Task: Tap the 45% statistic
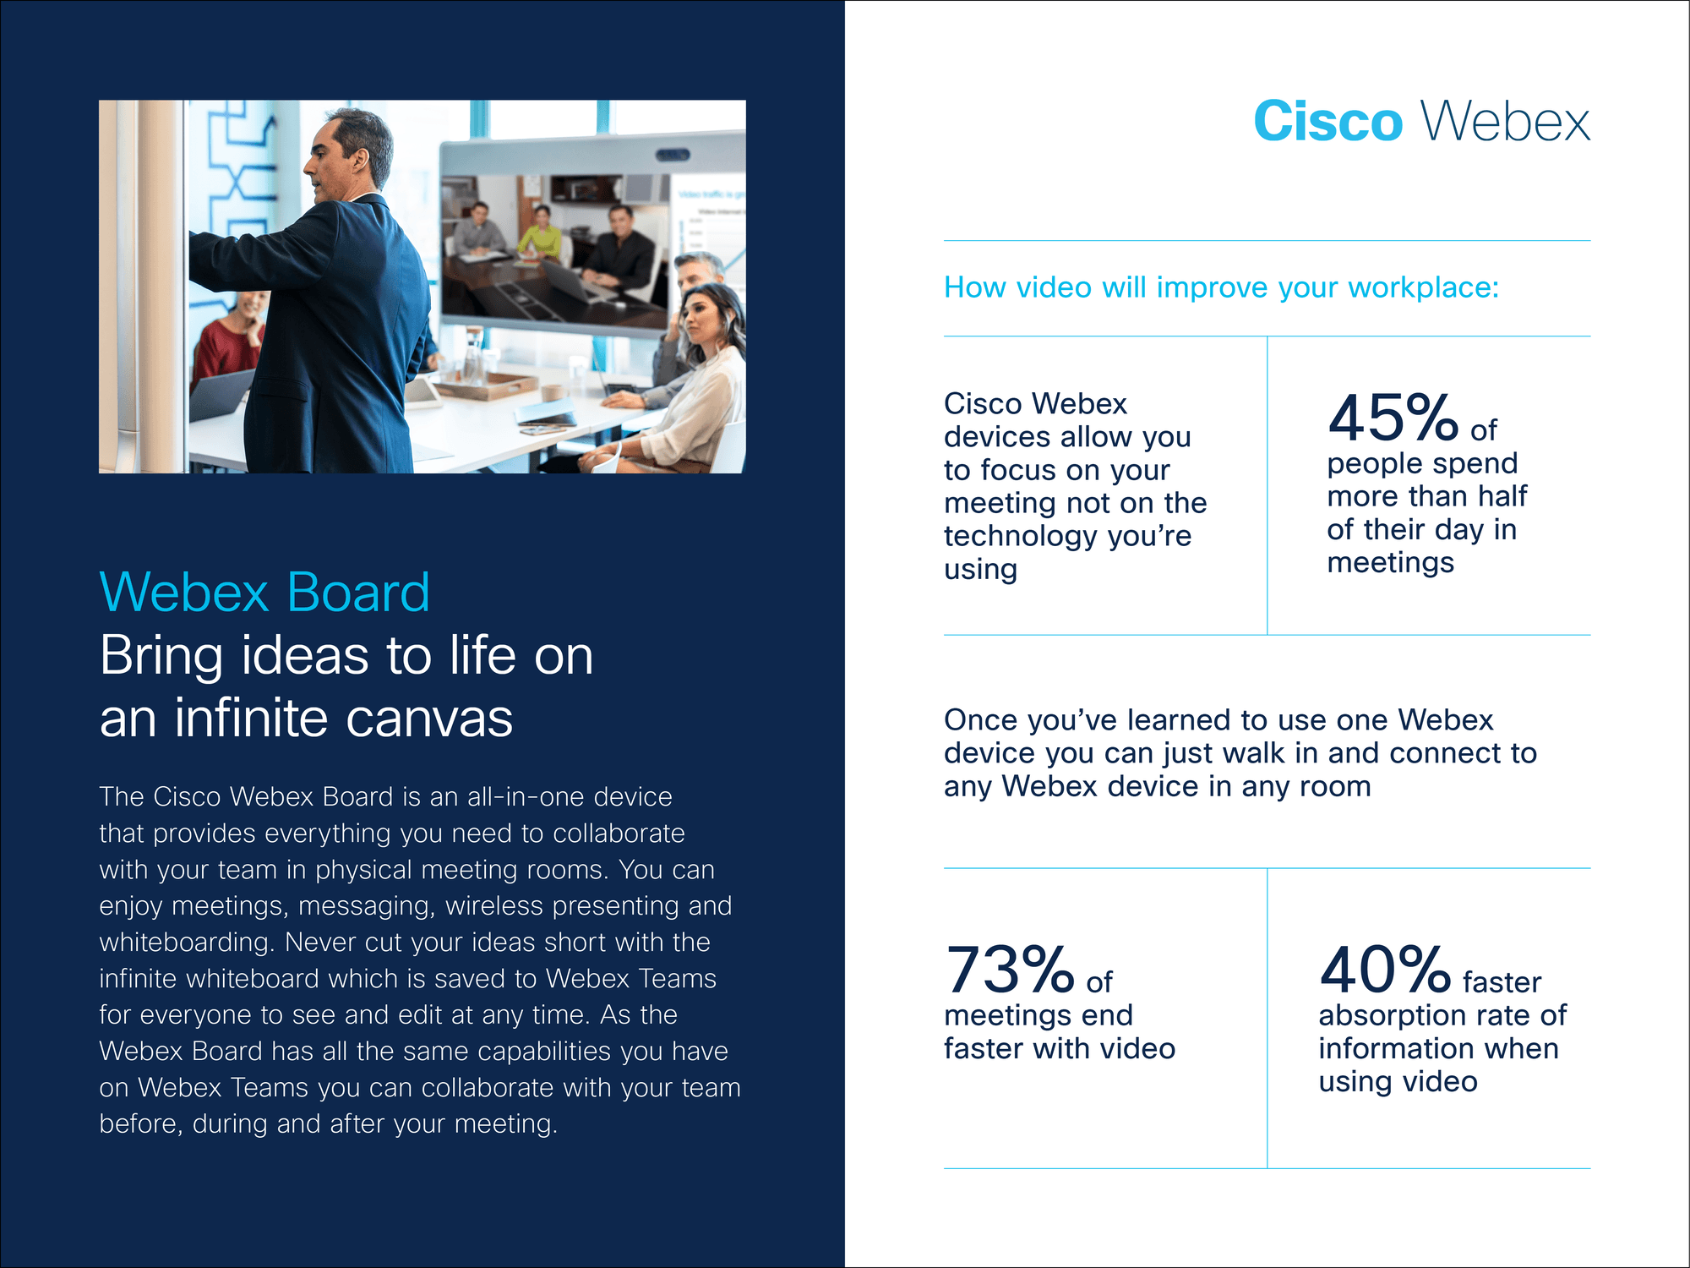point(1393,418)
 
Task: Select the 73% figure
point(1009,970)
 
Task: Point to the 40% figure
point(1385,970)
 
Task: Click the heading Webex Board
point(264,592)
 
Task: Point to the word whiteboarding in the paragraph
point(188,943)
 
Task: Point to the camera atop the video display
point(674,155)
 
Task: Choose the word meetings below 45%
point(1390,563)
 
